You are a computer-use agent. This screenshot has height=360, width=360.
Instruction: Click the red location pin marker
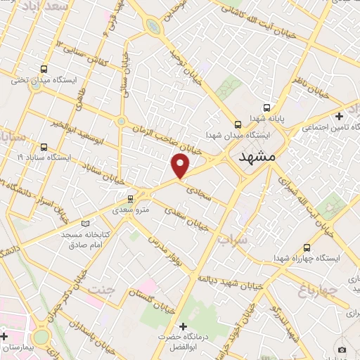pos(181,165)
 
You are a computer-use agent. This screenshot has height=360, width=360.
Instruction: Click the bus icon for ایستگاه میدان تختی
pos(44,69)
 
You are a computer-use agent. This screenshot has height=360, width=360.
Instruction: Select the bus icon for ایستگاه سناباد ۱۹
pos(44,147)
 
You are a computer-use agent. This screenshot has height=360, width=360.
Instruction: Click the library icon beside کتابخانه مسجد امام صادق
pos(86,224)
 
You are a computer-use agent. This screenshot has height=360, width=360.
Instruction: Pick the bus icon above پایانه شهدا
pos(266,108)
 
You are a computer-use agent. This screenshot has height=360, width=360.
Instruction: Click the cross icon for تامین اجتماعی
pos(340,116)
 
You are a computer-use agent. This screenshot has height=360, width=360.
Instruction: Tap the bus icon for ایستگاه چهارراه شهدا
pos(307,247)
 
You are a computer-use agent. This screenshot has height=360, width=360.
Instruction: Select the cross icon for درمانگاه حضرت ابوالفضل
pos(183,327)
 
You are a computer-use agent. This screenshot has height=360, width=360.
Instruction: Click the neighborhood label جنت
pos(103,288)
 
